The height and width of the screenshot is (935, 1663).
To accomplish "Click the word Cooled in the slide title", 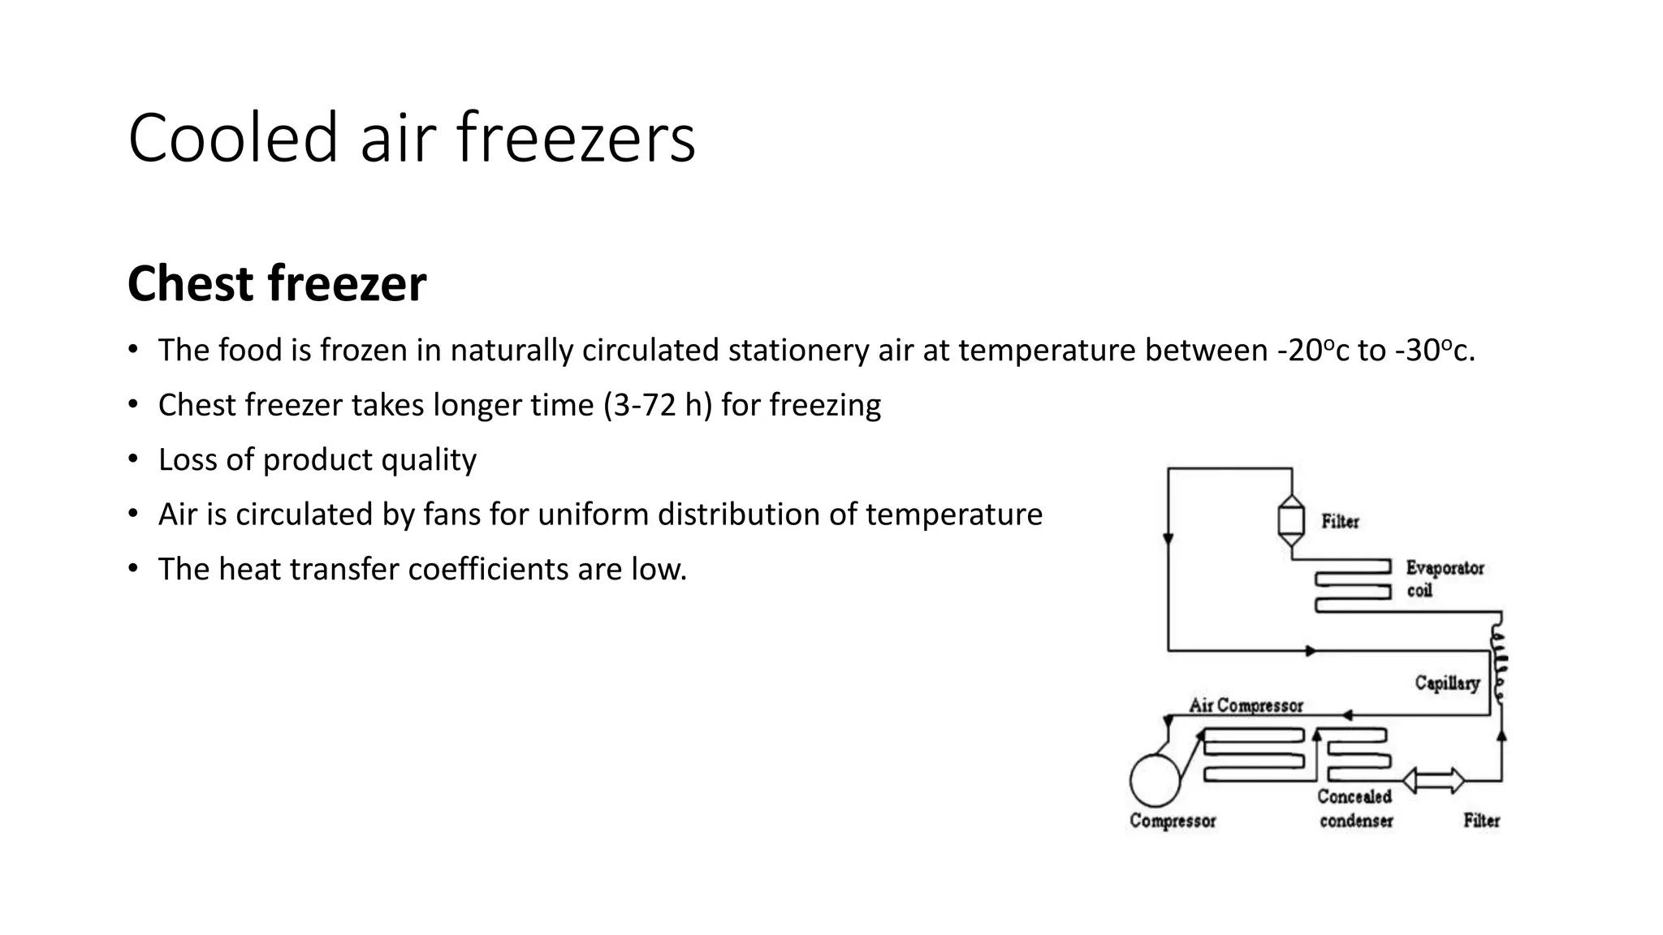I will [x=232, y=138].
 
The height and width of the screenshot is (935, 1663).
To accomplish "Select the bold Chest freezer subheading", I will [x=277, y=283].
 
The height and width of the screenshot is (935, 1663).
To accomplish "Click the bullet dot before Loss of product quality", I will [x=133, y=459].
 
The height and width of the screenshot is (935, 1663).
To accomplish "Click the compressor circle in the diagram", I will [x=1155, y=780].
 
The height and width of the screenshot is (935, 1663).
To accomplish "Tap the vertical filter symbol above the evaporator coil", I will [x=1291, y=520].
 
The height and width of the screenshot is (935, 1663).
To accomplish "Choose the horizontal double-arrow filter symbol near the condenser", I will [x=1434, y=781].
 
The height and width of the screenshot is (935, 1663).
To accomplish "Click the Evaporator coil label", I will [x=1445, y=579].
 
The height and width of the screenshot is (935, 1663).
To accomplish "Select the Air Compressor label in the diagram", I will [x=1246, y=705].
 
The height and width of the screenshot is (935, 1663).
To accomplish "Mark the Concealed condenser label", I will [x=1354, y=808].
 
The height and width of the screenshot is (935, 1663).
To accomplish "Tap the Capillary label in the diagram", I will [x=1447, y=683].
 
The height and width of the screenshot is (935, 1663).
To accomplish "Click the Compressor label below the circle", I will [x=1173, y=821].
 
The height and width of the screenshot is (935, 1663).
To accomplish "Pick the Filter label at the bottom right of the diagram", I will [x=1481, y=821].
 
